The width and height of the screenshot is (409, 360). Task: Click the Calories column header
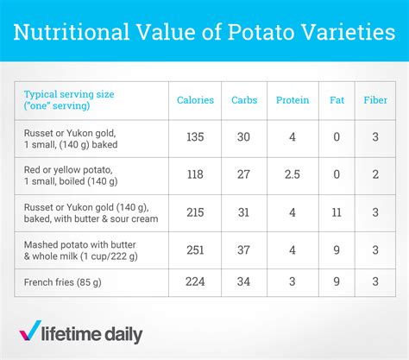[195, 100]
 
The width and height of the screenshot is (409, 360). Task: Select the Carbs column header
[244, 100]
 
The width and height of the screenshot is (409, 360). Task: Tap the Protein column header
[293, 100]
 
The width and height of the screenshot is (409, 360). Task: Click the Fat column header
[336, 100]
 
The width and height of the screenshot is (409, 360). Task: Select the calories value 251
[195, 249]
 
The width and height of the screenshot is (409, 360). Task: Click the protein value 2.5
[293, 175]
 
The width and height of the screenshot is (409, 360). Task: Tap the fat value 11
[336, 212]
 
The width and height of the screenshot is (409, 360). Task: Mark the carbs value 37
[244, 249]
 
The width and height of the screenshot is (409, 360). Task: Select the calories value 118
[195, 175]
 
